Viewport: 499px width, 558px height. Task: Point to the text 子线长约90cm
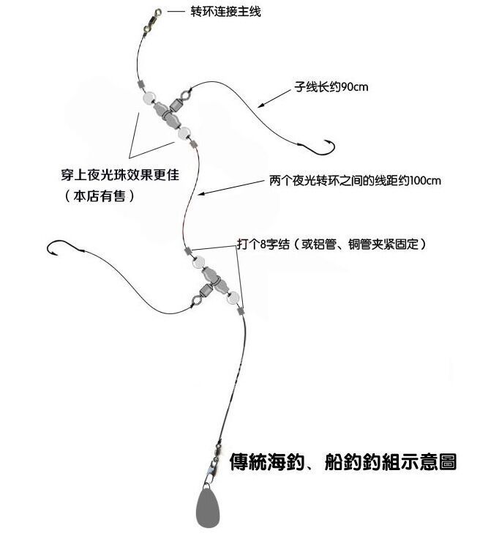[x=331, y=87]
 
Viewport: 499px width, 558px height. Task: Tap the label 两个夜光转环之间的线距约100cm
[x=354, y=180]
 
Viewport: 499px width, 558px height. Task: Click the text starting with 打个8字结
[x=331, y=244]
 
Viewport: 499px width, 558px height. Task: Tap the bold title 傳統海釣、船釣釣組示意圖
[x=343, y=462]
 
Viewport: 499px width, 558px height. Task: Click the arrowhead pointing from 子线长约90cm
[x=266, y=103]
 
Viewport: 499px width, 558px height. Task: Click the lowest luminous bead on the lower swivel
[x=233, y=297]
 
